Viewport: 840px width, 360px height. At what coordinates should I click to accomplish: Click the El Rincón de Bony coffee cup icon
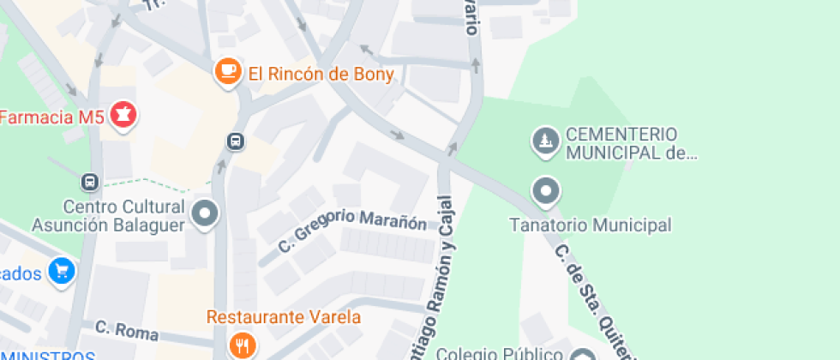[x=227, y=72]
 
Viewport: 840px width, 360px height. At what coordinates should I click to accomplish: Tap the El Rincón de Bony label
[x=321, y=74]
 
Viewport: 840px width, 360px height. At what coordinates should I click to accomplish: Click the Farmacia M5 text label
[x=51, y=117]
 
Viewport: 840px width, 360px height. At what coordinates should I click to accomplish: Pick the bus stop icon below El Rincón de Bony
[x=235, y=141]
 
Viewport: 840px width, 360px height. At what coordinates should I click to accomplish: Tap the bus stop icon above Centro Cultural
[x=89, y=182]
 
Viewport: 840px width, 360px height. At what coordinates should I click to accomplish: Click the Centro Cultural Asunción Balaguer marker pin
[x=205, y=214]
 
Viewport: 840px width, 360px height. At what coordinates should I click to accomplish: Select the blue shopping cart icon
[x=61, y=273]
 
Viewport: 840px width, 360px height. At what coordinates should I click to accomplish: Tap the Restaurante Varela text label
[x=284, y=317]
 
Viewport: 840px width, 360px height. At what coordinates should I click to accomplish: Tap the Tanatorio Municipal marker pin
[x=545, y=191]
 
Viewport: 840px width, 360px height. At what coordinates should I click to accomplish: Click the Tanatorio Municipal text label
[x=590, y=225]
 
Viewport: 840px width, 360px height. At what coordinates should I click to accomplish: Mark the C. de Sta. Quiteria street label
[x=591, y=300]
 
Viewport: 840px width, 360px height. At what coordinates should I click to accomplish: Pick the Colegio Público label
[x=500, y=353]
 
